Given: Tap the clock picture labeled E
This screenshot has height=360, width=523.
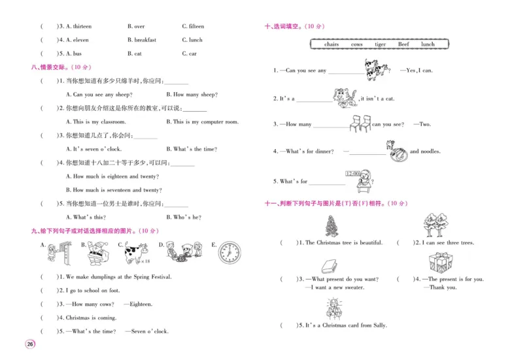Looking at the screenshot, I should tap(229, 252).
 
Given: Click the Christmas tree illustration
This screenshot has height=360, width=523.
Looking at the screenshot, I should tap(329, 226).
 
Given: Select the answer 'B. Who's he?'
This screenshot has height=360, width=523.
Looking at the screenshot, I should tap(184, 217).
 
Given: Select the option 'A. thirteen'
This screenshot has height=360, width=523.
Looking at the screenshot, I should tap(75, 26).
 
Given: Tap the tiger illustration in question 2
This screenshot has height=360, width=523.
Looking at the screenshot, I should tap(345, 97).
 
